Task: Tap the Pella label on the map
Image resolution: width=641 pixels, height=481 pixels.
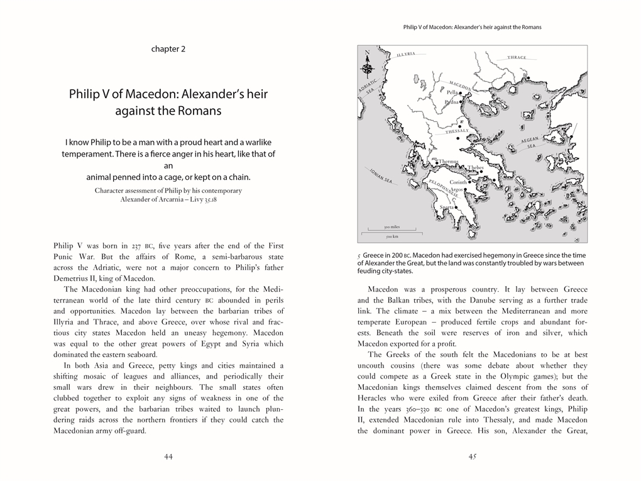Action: [452, 92]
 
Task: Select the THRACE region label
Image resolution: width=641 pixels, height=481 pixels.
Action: [517, 58]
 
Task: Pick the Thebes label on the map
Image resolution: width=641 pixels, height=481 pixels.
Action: [475, 168]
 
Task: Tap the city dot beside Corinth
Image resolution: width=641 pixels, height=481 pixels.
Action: [470, 182]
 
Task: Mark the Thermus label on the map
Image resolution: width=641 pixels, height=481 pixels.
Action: [449, 162]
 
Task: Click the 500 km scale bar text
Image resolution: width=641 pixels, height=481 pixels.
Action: [392, 236]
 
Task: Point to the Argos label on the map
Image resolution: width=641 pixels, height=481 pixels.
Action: [457, 189]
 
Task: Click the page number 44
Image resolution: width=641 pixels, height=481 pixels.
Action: [168, 457]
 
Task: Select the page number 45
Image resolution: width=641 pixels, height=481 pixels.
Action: [473, 457]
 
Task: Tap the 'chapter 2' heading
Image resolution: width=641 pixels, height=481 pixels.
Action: [168, 49]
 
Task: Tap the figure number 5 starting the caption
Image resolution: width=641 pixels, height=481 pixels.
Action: [359, 256]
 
